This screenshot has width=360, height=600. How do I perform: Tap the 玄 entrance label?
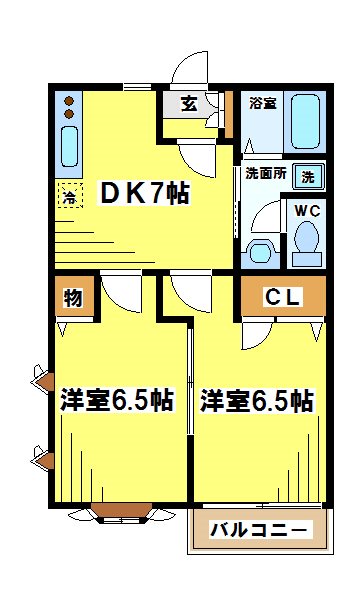coord(188,103)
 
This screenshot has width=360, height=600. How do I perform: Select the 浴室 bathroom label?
coord(261,103)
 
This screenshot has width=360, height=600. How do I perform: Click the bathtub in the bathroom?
coord(302,123)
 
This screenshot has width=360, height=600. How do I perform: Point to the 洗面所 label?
coord(265,172)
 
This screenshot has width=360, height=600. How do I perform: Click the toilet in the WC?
coord(306,241)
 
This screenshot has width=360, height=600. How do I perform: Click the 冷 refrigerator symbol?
coord(70,197)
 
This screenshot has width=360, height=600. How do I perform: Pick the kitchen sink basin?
coord(70,147)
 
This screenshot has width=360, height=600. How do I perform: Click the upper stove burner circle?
coord(70,100)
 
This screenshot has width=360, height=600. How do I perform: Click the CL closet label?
coord(283,296)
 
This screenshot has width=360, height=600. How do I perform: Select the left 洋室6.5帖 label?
coord(116,401)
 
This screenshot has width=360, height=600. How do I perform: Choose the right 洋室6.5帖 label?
coord(256,401)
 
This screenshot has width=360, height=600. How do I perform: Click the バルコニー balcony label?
coord(259,530)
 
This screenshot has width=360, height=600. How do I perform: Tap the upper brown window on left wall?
coord(43,379)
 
